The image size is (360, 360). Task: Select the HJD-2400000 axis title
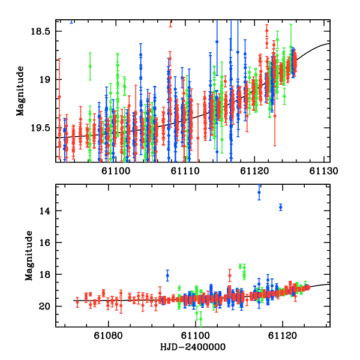(x=193, y=347)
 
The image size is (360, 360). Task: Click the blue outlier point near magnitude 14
(x=280, y=207)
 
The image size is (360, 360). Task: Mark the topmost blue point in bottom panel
(x=259, y=193)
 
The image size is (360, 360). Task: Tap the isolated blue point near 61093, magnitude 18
(x=167, y=275)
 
